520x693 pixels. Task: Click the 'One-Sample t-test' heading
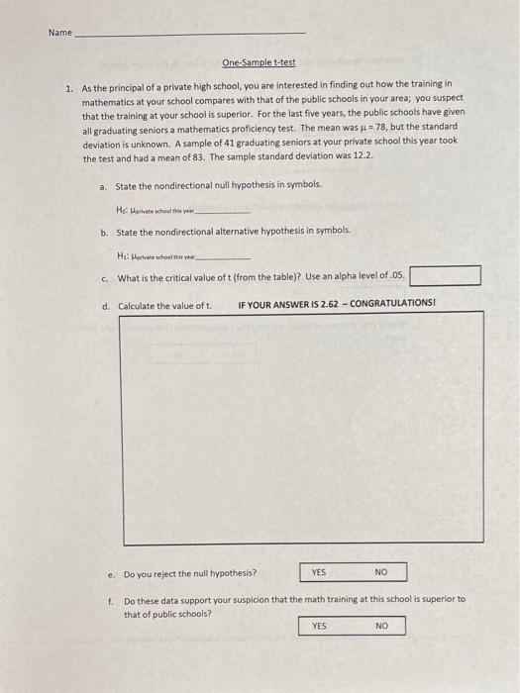coord(259,61)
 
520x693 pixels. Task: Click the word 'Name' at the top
coord(59,33)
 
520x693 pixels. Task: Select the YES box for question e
coord(319,572)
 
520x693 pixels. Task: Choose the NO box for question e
coord(379,572)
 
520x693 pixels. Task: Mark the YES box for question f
coord(319,626)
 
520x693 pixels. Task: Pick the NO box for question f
coord(380,626)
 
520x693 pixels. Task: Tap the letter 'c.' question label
coord(105,277)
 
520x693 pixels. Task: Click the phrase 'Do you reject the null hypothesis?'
coord(189,573)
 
